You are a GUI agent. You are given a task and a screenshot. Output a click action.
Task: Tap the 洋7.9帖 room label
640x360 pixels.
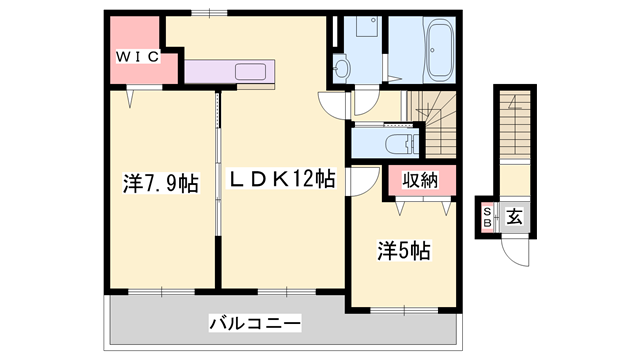point(160,184)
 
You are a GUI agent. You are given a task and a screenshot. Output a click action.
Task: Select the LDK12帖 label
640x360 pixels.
point(283,180)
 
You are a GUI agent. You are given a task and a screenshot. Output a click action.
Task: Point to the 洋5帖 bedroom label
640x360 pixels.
point(403,251)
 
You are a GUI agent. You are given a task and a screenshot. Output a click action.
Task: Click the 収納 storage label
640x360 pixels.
point(419,182)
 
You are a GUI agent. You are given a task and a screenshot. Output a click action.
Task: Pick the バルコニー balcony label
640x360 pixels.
point(255,324)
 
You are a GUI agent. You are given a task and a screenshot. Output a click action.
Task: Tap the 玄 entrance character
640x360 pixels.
point(513,216)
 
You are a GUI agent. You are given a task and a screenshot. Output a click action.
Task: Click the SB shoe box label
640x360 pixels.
point(488,217)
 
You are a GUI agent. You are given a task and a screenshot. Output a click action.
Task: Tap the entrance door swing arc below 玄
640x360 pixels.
point(514,252)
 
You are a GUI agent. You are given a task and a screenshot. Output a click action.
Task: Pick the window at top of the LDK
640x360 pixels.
point(209,12)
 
